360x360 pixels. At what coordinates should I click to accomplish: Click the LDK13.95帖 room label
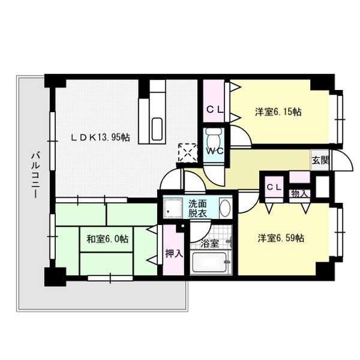(x=100, y=137)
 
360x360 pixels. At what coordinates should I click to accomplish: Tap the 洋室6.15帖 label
(x=278, y=112)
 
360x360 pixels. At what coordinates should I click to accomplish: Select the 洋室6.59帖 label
(x=281, y=238)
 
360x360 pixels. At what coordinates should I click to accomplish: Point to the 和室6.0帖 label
(x=107, y=239)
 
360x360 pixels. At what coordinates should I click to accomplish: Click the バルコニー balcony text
(x=35, y=175)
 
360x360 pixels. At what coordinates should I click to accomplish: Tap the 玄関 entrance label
(x=320, y=160)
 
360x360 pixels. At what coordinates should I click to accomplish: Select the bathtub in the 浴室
(x=209, y=263)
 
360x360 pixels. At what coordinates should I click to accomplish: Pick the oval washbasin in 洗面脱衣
(x=225, y=208)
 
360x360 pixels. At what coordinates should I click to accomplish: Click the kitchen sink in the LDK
(x=157, y=129)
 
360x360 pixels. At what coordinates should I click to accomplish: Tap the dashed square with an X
(x=188, y=153)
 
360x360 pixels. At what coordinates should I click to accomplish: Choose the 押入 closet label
(x=174, y=253)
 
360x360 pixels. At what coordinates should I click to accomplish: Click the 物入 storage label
(x=299, y=194)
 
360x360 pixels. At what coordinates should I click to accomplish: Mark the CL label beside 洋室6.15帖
(x=215, y=110)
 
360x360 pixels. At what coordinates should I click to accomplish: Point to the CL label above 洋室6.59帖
(x=274, y=187)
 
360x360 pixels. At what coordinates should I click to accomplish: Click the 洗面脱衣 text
(x=197, y=208)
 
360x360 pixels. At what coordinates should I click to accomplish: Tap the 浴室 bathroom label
(x=209, y=244)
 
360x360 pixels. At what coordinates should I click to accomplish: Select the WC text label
(x=214, y=151)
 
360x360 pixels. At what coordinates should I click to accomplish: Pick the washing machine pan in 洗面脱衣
(x=172, y=208)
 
